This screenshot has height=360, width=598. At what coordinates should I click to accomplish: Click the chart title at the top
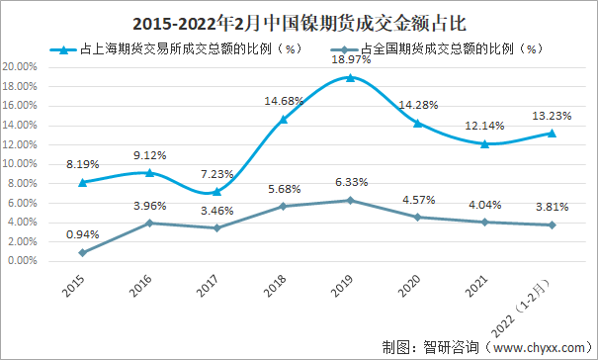299,19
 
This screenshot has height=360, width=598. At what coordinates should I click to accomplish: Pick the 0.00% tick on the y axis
22,261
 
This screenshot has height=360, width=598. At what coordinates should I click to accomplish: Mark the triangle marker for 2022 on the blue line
552,133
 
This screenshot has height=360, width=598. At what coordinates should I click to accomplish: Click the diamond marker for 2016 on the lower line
148,223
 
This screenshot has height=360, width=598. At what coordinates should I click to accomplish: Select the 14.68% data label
283,101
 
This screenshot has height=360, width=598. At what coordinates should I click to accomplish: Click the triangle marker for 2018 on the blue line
283,119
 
